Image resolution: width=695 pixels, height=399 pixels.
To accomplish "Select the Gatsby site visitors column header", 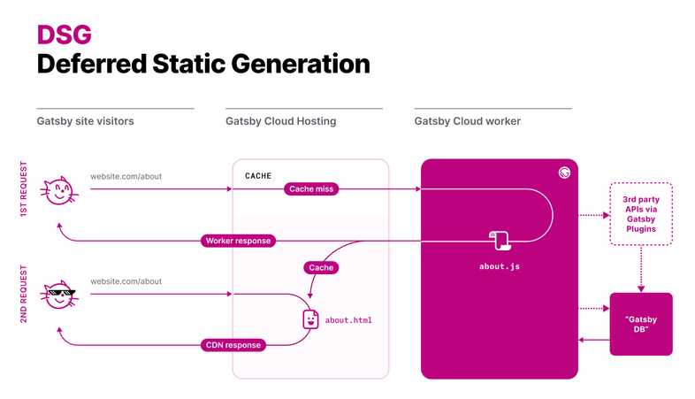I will (x=85, y=121).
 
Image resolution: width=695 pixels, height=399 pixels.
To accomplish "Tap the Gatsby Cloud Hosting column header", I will (x=281, y=121).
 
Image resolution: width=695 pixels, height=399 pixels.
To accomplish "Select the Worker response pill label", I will (x=239, y=241).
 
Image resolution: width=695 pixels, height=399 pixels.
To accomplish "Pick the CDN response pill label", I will (x=231, y=344).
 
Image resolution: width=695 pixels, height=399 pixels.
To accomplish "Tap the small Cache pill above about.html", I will (x=321, y=266).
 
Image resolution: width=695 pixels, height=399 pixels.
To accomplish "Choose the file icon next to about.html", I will (x=310, y=319).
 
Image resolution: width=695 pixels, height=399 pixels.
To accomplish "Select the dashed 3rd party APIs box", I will (x=641, y=214).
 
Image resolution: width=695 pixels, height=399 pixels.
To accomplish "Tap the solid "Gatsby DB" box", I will (x=641, y=324).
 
